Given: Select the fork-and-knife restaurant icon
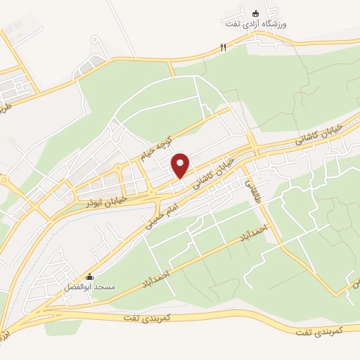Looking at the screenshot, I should point(223,47).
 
